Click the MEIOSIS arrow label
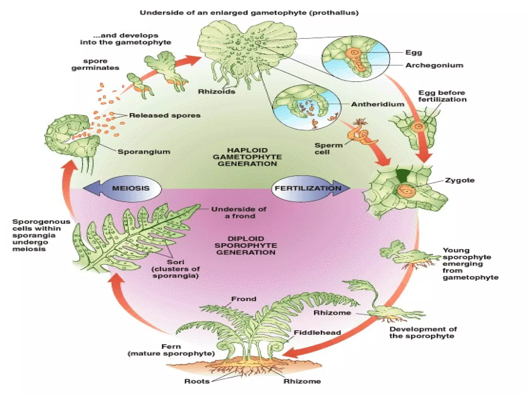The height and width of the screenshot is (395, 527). pyautogui.click(x=131, y=188)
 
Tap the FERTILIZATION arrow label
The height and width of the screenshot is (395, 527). pyautogui.click(x=308, y=188)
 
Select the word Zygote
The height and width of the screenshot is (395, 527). pyautogui.click(x=460, y=180)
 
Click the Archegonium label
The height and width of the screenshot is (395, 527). pyautogui.click(x=434, y=65)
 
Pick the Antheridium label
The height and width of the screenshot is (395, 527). pyautogui.click(x=378, y=104)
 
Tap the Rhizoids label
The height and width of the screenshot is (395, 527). pyautogui.click(x=216, y=92)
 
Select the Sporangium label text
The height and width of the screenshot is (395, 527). pyautogui.click(x=144, y=152)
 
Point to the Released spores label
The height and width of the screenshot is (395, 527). pyautogui.click(x=165, y=115)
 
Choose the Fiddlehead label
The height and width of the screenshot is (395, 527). pyautogui.click(x=317, y=333)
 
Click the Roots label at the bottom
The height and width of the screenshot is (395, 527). pyautogui.click(x=197, y=381)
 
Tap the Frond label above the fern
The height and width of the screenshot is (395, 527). pyautogui.click(x=243, y=299)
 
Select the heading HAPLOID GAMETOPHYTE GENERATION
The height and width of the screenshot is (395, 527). pyautogui.click(x=247, y=157)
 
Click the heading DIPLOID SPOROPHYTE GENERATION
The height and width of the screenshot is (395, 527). pyautogui.click(x=246, y=245)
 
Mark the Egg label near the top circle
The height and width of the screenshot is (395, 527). pyautogui.click(x=414, y=52)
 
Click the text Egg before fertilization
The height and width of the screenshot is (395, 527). pyautogui.click(x=442, y=96)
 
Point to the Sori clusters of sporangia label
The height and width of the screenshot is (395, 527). pyautogui.click(x=176, y=269)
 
